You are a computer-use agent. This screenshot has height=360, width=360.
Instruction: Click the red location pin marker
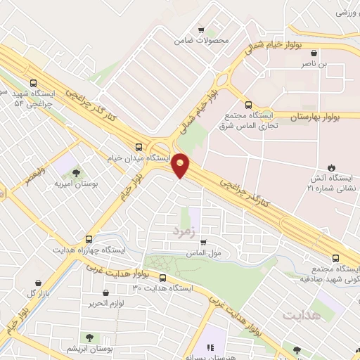pos(181,165)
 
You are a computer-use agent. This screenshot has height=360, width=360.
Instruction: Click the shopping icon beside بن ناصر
pos(313,52)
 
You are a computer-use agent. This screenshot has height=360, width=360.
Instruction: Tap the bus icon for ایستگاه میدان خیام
pos(139,148)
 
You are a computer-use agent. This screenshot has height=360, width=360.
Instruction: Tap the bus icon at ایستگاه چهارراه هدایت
pos(88,238)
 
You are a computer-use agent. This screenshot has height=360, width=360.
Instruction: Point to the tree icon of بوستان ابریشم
pos(89,338)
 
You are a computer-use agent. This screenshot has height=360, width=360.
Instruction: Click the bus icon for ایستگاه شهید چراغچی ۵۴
pos(34,83)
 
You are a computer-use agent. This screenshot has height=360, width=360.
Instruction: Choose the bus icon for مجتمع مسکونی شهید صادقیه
pos(335,257)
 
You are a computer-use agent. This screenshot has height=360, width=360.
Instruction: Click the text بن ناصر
pos(335,64)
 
